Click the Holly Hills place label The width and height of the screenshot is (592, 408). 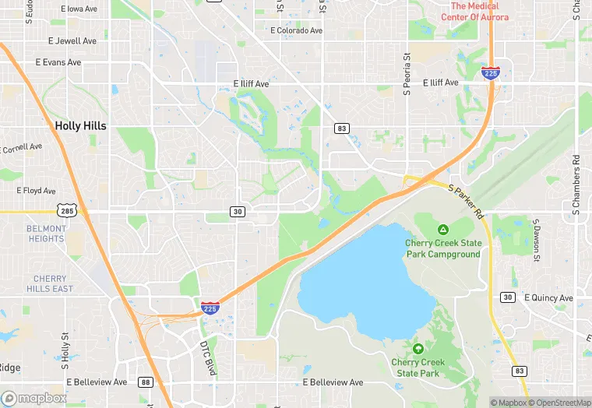80,125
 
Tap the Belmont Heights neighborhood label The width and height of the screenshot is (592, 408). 46,234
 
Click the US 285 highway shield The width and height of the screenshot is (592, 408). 65,211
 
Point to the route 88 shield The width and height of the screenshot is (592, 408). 146,382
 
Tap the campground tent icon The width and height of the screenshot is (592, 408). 442,230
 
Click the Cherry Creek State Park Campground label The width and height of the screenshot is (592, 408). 442,248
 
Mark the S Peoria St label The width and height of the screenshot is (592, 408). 407,75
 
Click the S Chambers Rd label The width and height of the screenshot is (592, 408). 576,184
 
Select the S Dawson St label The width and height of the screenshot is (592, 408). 537,238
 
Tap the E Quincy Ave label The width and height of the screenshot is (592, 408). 548,297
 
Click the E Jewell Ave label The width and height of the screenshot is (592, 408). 72,40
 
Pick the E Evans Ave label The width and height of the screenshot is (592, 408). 58,62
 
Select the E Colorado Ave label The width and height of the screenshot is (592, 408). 296,30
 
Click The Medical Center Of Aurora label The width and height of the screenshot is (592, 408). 474,12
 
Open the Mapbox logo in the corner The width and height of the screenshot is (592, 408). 34,397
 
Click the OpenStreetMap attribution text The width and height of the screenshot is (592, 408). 559,403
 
